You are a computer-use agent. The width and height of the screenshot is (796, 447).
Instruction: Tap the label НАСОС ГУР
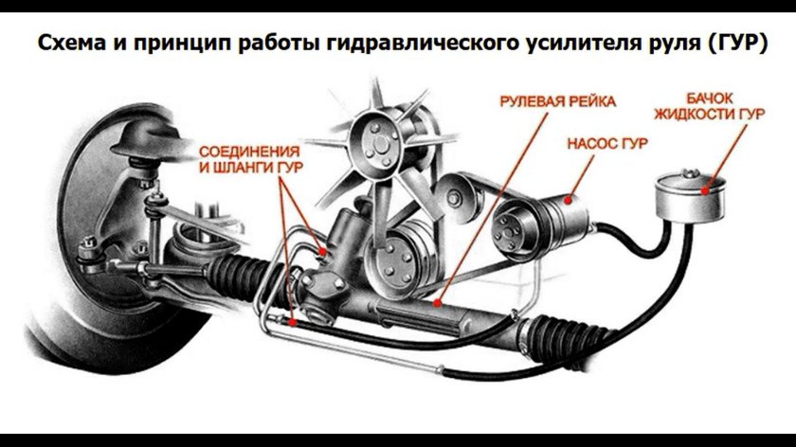click(x=606, y=144)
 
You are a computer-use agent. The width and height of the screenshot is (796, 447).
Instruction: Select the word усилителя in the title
click(x=597, y=44)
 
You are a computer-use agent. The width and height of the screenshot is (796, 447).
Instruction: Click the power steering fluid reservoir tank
click(x=687, y=193)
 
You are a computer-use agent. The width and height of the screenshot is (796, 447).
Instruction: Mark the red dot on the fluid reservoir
click(x=705, y=188)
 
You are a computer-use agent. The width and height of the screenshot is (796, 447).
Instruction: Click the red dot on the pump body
click(x=568, y=200)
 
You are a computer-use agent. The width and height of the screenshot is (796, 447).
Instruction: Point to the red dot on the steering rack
click(x=437, y=304)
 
